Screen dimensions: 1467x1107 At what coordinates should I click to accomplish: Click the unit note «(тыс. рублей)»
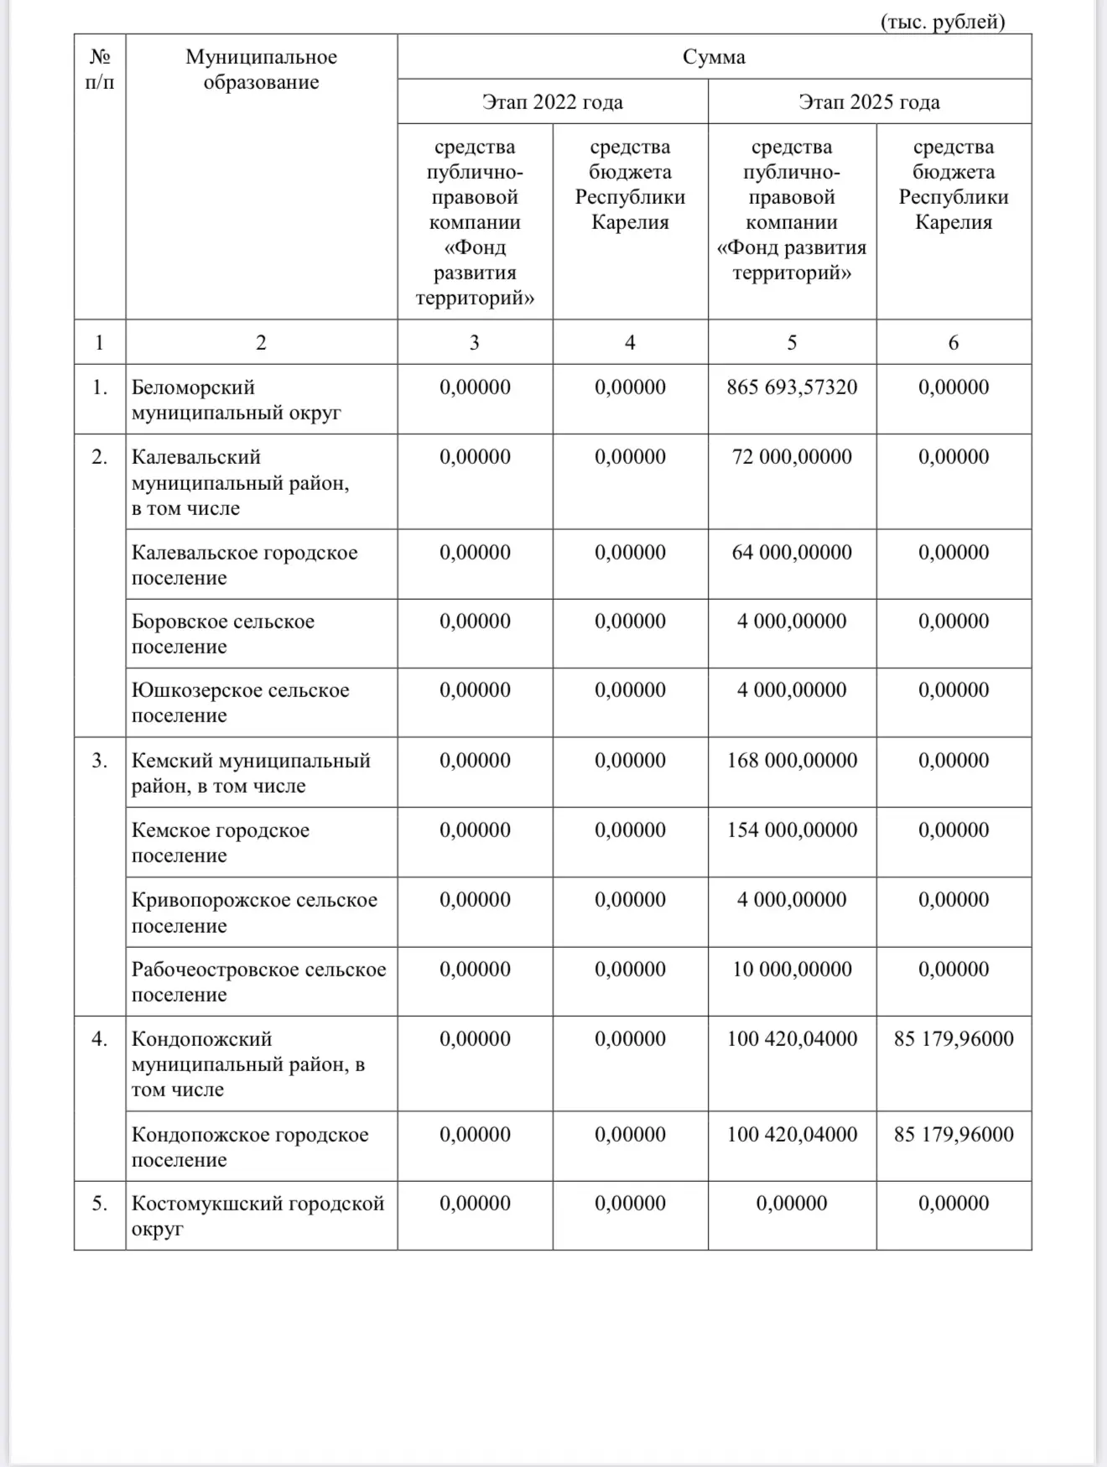pyautogui.click(x=942, y=22)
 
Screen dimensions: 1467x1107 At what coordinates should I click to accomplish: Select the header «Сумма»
pyautogui.click(x=714, y=57)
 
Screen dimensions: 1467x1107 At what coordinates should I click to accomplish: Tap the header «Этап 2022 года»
pyautogui.click(x=552, y=102)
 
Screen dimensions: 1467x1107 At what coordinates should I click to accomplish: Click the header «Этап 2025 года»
pyautogui.click(x=869, y=102)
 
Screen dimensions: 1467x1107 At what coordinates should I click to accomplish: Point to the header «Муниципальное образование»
pyautogui.click(x=261, y=70)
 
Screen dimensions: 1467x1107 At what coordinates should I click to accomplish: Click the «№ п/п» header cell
pyautogui.click(x=100, y=70)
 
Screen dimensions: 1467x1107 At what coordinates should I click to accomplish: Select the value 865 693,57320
pyautogui.click(x=792, y=388)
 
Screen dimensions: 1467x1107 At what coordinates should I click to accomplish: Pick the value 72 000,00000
pyautogui.click(x=792, y=457)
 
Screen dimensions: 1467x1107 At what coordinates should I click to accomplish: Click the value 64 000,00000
pyautogui.click(x=792, y=553)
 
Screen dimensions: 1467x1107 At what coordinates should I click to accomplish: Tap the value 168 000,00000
pyautogui.click(x=792, y=761)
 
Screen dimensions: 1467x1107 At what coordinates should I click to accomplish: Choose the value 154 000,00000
pyautogui.click(x=792, y=830)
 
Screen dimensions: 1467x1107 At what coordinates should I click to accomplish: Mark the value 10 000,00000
pyautogui.click(x=792, y=970)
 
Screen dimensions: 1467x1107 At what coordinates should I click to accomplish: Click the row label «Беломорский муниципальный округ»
pyautogui.click(x=236, y=400)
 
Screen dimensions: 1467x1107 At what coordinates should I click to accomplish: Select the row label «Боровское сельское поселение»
pyautogui.click(x=222, y=634)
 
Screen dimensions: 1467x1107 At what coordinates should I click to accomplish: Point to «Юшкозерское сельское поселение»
pyautogui.click(x=240, y=703)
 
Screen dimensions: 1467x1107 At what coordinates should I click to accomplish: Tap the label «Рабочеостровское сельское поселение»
pyautogui.click(x=258, y=982)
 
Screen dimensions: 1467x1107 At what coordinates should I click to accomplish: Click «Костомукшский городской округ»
pyautogui.click(x=257, y=1216)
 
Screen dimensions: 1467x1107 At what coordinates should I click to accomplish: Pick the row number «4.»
pyautogui.click(x=100, y=1039)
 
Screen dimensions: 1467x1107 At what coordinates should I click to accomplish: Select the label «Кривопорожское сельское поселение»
pyautogui.click(x=254, y=913)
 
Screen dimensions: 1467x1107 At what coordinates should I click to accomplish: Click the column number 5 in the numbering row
pyautogui.click(x=792, y=342)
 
